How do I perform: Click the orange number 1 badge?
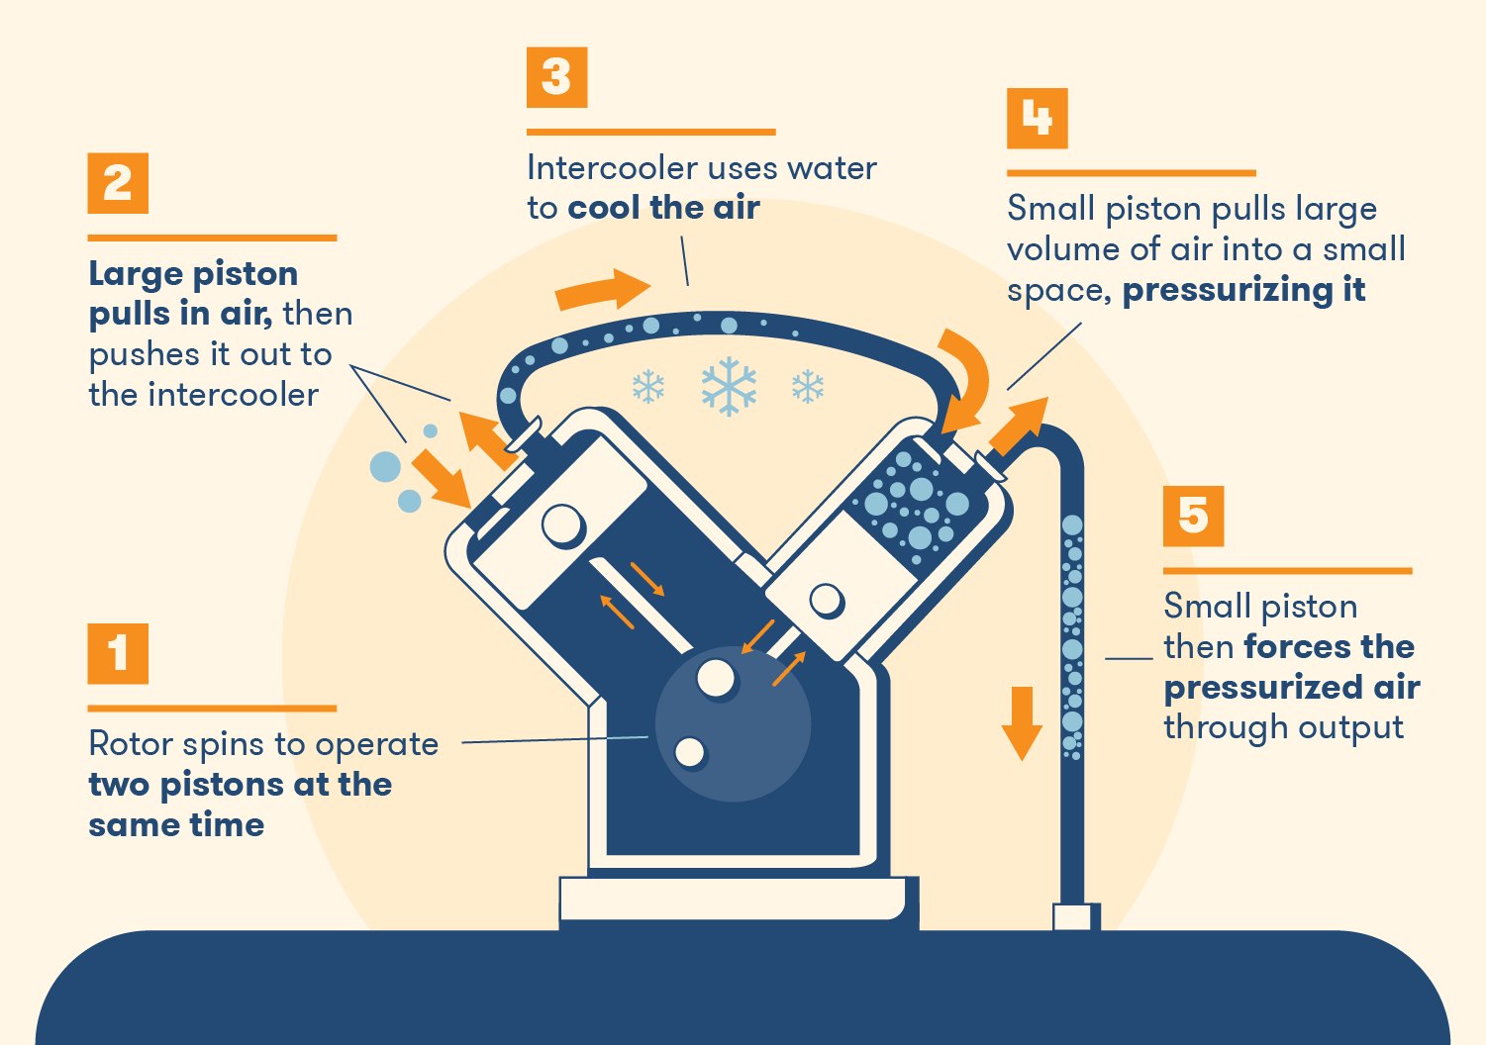click(118, 653)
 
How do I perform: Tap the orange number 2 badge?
click(118, 183)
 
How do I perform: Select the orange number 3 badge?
click(556, 77)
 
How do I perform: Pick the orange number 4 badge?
click(1037, 119)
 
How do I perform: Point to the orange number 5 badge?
click(1193, 516)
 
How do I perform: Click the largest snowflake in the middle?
click(729, 386)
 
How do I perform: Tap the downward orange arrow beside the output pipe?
click(1022, 723)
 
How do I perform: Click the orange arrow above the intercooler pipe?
click(602, 289)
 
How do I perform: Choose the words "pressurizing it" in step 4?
click(1243, 290)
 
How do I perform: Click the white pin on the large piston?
click(563, 524)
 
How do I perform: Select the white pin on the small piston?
click(827, 600)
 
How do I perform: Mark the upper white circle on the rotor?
click(716, 679)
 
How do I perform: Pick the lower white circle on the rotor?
click(690, 752)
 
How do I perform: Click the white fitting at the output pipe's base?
click(1072, 917)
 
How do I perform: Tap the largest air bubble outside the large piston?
click(385, 467)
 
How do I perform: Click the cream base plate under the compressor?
click(733, 899)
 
